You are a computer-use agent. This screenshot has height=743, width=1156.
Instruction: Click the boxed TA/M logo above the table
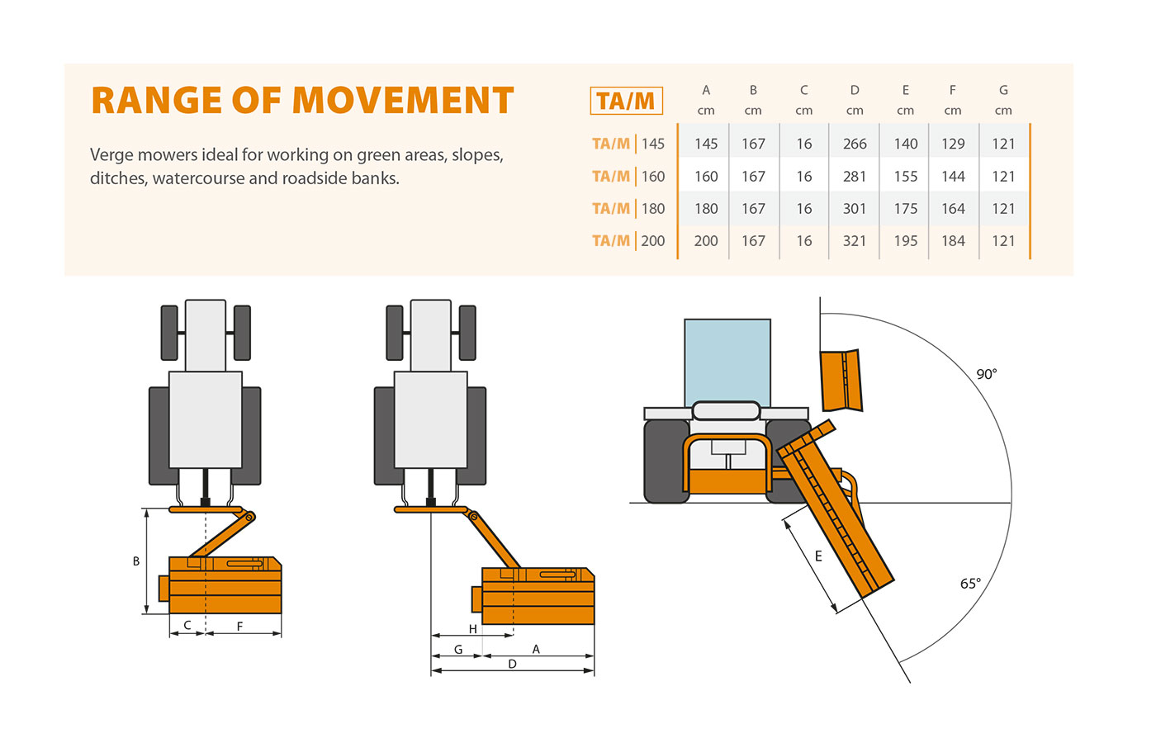626,101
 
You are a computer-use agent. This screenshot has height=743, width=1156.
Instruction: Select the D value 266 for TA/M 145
855,144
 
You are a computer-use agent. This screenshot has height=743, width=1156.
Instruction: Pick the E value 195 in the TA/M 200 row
906,241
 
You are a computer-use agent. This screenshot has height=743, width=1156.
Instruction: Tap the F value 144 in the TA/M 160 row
953,177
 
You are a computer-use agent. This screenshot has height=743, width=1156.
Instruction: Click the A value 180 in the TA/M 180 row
706,209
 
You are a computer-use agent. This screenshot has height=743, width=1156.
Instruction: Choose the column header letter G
1003,90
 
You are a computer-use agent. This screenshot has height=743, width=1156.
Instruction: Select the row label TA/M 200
628,241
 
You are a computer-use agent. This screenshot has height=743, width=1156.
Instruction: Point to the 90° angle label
987,374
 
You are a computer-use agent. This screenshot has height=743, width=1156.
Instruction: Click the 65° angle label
971,584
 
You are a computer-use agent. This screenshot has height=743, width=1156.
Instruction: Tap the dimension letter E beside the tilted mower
818,556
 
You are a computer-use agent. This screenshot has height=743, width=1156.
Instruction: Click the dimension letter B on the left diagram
136,561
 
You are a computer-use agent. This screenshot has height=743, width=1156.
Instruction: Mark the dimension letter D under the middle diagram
512,664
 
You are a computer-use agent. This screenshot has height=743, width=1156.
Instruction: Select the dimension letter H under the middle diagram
473,629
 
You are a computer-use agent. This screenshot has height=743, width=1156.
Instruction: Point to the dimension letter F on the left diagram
240,627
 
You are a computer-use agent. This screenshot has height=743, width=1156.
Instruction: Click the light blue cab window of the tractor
727,362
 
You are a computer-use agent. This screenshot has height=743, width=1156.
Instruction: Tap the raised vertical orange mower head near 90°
841,380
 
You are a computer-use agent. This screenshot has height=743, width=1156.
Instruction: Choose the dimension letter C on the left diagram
187,626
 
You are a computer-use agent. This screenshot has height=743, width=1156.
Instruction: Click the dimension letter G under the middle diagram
458,650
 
